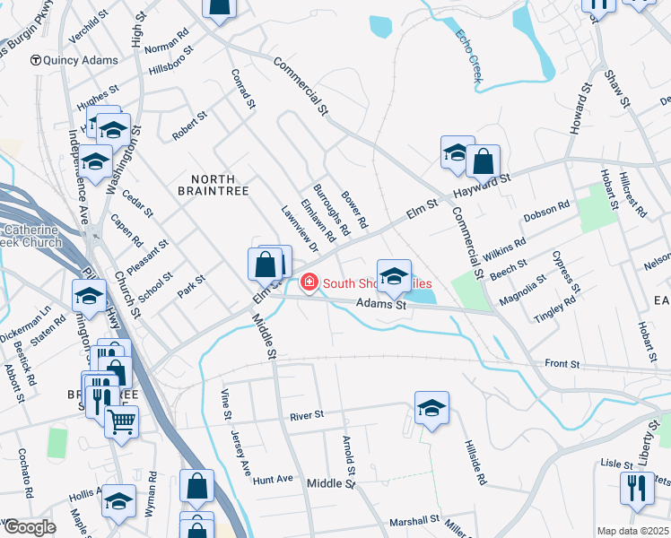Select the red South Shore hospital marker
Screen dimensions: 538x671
click(309, 283)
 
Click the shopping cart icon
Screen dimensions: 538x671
click(121, 419)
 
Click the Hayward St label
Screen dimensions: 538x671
click(482, 186)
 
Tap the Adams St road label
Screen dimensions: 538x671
click(382, 305)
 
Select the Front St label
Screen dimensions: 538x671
click(562, 365)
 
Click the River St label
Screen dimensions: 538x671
click(306, 417)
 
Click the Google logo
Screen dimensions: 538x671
click(29, 527)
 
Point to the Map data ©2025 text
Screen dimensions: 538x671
click(633, 531)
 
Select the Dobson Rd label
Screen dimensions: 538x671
click(547, 213)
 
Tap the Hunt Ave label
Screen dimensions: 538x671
click(274, 480)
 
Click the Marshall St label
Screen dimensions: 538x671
click(414, 520)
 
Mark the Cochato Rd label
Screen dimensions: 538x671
click(28, 480)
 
